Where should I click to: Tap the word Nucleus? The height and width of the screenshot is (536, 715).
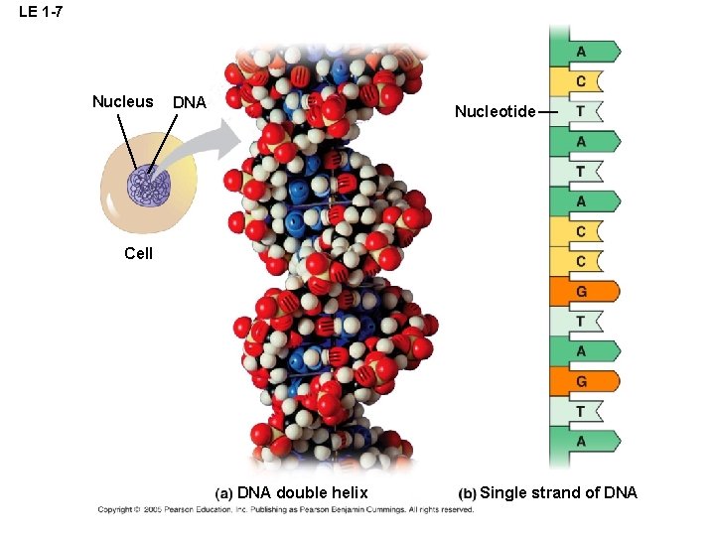(122, 101)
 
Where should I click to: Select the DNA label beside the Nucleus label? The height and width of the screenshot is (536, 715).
(189, 102)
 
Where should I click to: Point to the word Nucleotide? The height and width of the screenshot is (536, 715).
(495, 111)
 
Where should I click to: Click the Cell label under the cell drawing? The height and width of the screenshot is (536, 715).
(139, 253)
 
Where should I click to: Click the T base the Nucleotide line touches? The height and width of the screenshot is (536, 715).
(581, 111)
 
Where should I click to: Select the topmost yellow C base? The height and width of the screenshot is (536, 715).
(581, 80)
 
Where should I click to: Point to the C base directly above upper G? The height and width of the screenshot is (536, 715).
(581, 261)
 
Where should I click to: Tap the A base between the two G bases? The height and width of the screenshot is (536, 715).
(582, 350)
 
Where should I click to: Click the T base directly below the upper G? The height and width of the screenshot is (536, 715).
(581, 321)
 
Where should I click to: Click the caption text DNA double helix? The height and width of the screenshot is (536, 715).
(302, 492)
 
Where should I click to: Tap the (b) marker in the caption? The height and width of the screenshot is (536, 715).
(467, 493)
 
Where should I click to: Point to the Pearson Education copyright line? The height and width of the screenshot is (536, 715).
(286, 509)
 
